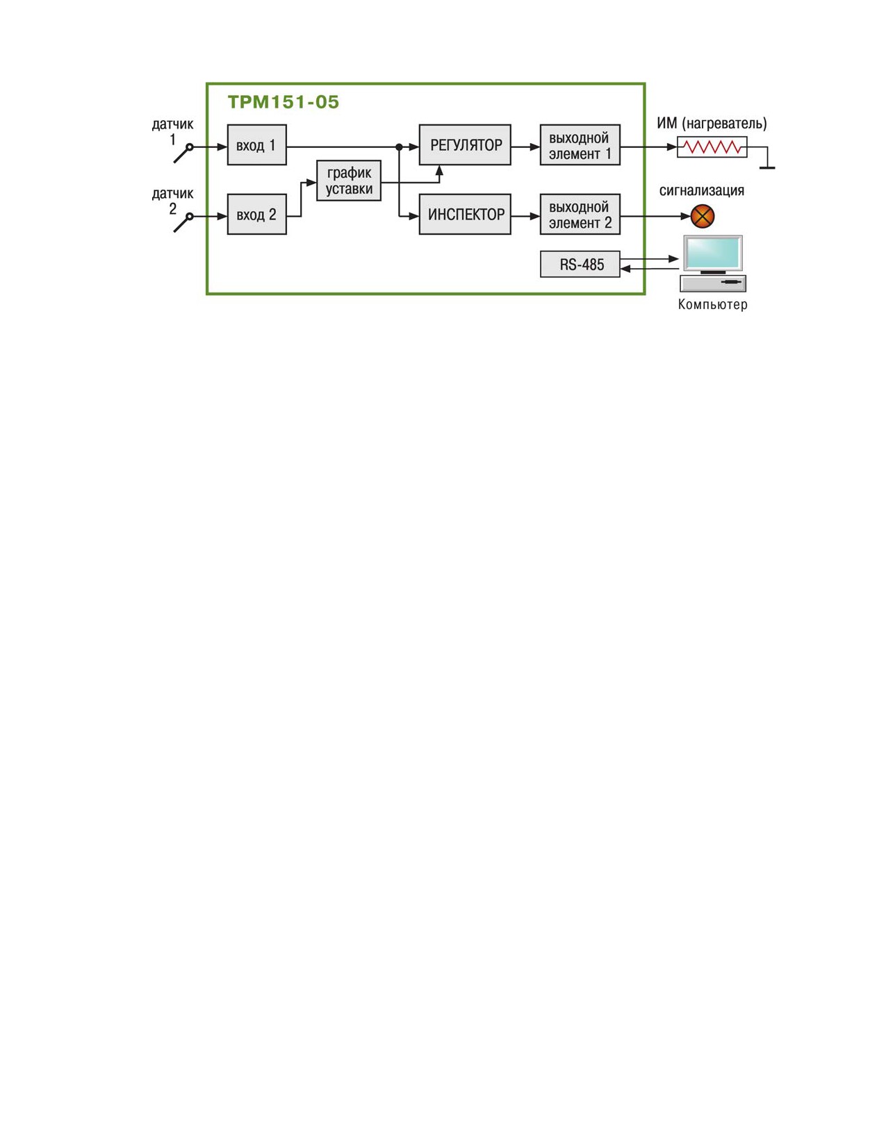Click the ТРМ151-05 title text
[x=283, y=102]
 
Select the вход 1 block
[x=256, y=145]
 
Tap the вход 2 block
[x=256, y=214]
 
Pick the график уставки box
[x=348, y=181]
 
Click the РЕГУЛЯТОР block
[x=465, y=145]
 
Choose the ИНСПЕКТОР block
[x=465, y=214]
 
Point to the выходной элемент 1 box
[x=580, y=145]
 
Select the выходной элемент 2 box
[x=580, y=214]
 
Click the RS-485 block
[x=580, y=264]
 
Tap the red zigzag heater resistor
[x=712, y=147]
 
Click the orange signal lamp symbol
[x=703, y=216]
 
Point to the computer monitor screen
[x=712, y=252]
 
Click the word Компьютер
[x=712, y=304]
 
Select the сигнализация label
[x=701, y=191]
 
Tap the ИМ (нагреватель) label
[x=712, y=124]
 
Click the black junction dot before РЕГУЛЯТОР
[x=399, y=147]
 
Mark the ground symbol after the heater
[x=767, y=167]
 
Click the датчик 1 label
[x=172, y=132]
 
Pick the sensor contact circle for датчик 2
[x=190, y=216]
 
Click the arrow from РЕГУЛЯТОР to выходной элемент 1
[x=525, y=147]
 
